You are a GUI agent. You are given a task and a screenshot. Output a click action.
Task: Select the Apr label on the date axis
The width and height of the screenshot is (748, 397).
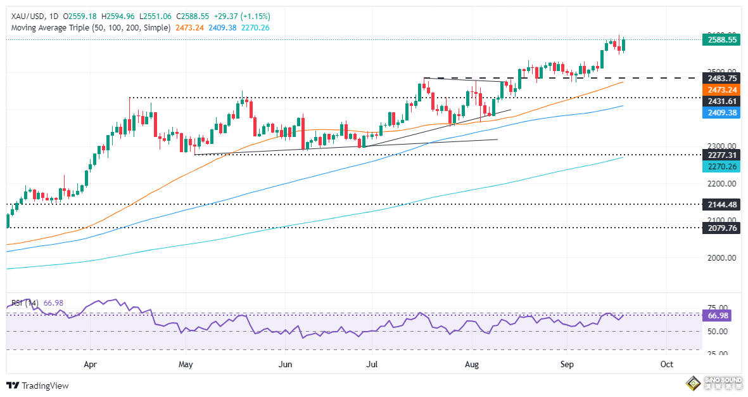[90, 365]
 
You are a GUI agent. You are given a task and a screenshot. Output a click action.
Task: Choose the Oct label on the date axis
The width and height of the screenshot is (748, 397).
[666, 365]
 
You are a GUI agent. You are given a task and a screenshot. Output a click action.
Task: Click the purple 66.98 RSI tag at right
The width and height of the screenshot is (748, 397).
[720, 316]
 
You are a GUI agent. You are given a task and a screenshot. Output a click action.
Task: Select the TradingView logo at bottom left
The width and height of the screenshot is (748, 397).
[37, 386]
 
